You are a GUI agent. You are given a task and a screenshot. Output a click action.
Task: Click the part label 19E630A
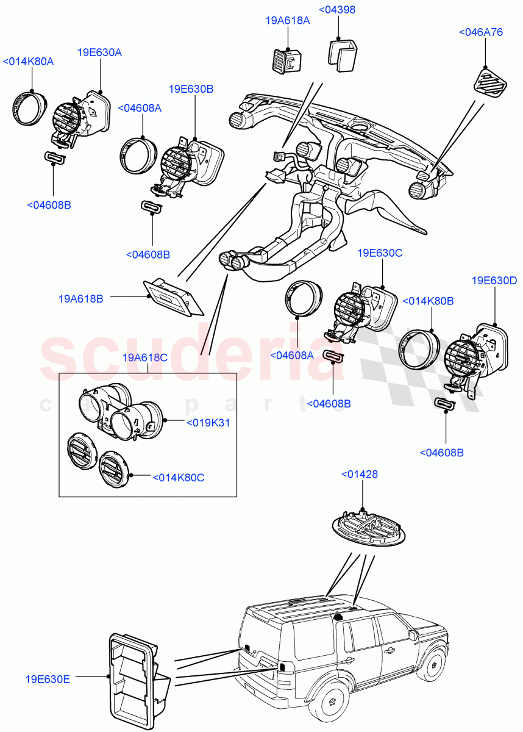pos(99,52)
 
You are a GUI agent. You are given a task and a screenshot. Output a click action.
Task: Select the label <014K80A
pos(29,62)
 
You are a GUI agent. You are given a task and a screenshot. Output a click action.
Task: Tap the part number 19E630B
pos(192,88)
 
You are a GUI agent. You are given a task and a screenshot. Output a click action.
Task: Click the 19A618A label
pos(288,20)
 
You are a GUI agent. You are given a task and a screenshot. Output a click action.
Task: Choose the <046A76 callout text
pos(480,32)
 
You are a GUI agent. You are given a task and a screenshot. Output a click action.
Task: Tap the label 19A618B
pos(81,299)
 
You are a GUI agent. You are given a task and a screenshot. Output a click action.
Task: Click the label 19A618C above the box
pos(145,357)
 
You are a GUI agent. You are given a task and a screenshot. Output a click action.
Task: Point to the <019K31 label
pos(208,422)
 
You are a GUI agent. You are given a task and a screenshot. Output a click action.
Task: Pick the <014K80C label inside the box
pos(178,478)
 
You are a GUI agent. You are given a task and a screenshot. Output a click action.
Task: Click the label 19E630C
pos(380,253)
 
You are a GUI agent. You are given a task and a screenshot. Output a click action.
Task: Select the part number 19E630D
pos(494,281)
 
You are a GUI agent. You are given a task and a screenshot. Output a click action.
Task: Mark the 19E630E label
pos(48,678)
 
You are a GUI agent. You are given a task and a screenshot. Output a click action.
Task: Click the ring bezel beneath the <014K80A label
pos(27,107)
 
